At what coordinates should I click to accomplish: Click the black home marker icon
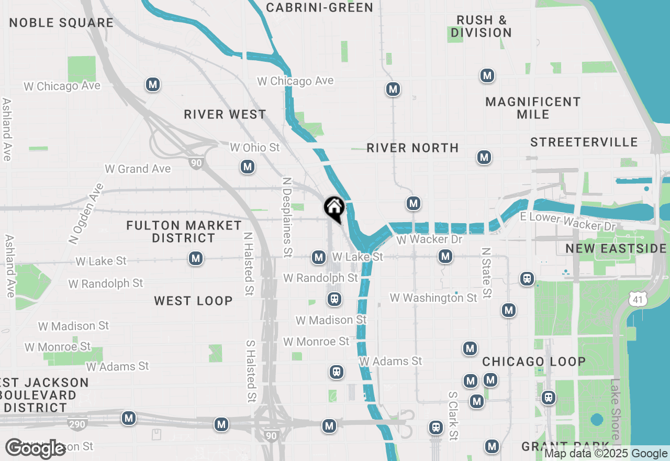click(x=334, y=208)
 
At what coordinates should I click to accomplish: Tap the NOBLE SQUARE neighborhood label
click(x=61, y=23)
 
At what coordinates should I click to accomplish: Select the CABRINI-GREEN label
click(x=319, y=7)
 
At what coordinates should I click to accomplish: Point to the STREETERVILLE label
click(x=584, y=142)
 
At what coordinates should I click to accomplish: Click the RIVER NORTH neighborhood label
click(x=412, y=148)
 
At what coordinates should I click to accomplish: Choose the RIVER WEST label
click(x=225, y=114)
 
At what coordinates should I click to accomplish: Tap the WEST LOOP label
click(x=193, y=301)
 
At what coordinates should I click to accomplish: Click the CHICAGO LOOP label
click(x=534, y=361)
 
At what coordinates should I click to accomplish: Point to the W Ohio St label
click(x=255, y=148)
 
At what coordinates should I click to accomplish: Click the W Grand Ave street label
click(x=138, y=169)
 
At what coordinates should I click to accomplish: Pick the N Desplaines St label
click(x=287, y=216)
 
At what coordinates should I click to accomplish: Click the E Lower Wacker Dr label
click(x=567, y=222)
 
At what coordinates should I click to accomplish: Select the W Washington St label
click(x=433, y=298)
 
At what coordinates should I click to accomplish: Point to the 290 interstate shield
click(x=77, y=424)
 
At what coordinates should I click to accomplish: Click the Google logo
click(x=35, y=449)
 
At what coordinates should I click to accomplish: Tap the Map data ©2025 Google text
click(x=606, y=454)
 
